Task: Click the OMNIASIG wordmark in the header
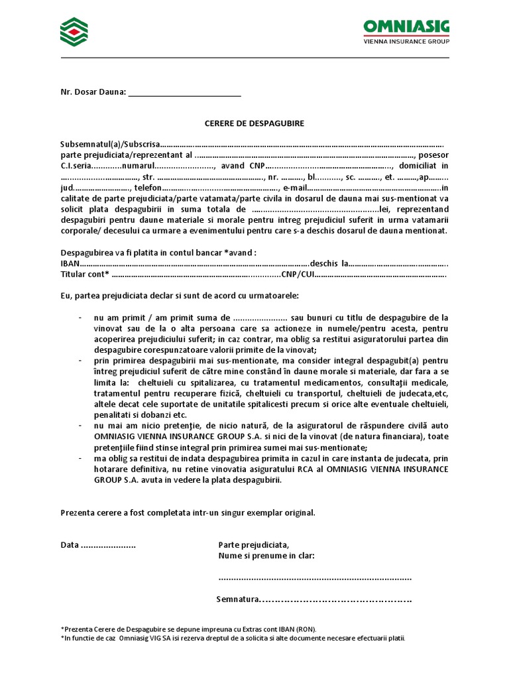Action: coord(406,27)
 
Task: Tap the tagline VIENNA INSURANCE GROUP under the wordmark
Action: coord(407,41)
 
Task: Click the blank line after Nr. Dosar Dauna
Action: coord(184,92)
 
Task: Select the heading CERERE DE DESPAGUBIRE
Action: coord(254,123)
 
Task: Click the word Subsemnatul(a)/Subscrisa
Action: coord(110,144)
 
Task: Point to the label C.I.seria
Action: coord(75,165)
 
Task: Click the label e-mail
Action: coord(294,188)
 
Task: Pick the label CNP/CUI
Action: coord(298,274)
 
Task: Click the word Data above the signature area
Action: coord(70,544)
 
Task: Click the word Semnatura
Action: coord(237,599)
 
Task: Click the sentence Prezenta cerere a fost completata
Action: coord(188,513)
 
